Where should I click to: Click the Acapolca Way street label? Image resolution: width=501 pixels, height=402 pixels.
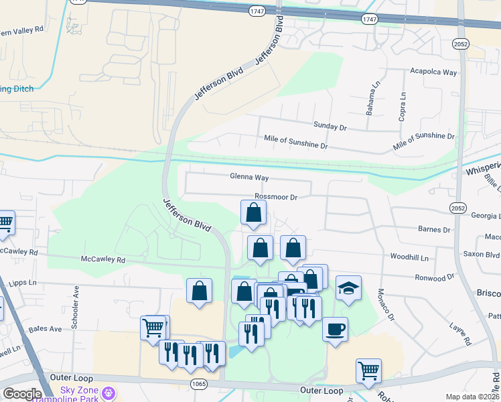tap(433, 72)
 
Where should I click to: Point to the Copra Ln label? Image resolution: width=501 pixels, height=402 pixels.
tap(403, 107)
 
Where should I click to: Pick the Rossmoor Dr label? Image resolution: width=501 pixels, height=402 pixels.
tap(275, 197)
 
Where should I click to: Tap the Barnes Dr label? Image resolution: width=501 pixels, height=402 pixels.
tap(434, 230)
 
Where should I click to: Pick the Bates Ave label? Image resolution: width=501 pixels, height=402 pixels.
tap(46, 329)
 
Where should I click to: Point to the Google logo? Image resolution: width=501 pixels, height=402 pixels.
tap(22, 394)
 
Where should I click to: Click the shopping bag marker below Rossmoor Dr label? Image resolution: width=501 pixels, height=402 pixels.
tap(254, 214)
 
